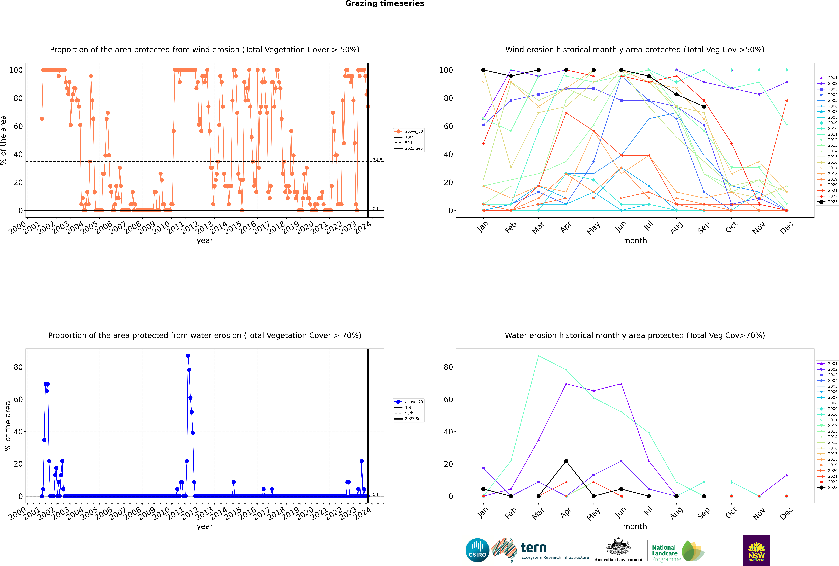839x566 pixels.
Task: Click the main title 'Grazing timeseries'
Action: point(385,4)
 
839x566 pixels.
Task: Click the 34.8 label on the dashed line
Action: point(377,160)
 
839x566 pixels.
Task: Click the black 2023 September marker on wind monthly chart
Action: point(704,107)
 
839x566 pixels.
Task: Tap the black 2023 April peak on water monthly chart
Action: point(566,461)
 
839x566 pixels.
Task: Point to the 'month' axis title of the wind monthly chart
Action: point(635,241)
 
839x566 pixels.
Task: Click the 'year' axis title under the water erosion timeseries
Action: point(205,526)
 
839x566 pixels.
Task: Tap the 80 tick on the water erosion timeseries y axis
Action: point(18,367)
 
